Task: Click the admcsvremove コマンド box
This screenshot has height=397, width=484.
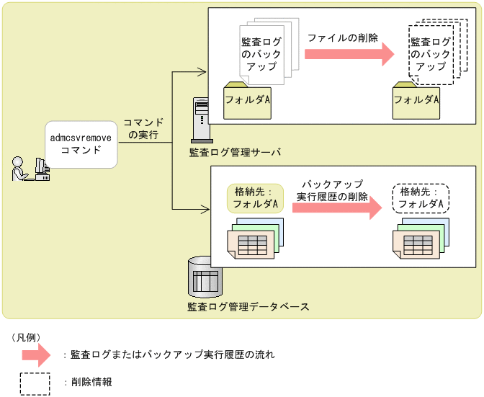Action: pyautogui.click(x=81, y=143)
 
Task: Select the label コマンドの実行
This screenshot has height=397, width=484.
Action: pyautogui.click(x=143, y=128)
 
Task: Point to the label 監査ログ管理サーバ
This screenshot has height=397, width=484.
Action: pyautogui.click(x=234, y=152)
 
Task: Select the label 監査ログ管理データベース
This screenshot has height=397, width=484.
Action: pyautogui.click(x=248, y=307)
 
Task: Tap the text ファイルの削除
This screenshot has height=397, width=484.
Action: pyautogui.click(x=342, y=37)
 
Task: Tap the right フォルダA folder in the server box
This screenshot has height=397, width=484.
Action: pyautogui.click(x=417, y=99)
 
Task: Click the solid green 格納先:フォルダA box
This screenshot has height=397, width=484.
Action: pyautogui.click(x=256, y=198)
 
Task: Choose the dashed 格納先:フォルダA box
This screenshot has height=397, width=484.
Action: pyautogui.click(x=421, y=198)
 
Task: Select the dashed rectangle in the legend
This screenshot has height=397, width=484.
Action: pyautogui.click(x=35, y=383)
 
